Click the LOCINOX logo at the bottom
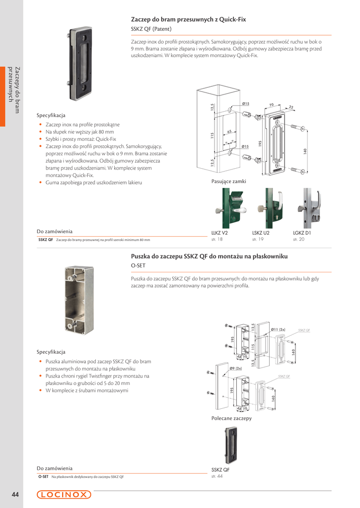pyautogui.click(x=64, y=494)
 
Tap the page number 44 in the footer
pyautogui.click(x=15, y=495)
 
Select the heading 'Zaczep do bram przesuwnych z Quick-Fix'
pyautogui.click(x=188, y=19)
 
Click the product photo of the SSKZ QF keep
pyautogui.click(x=80, y=63)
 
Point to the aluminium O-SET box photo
pyautogui.click(x=79, y=299)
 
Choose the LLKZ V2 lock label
pyautogui.click(x=219, y=233)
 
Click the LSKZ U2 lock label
pyautogui.click(x=261, y=233)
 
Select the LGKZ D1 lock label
pyautogui.click(x=302, y=233)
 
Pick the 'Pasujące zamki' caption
pyautogui.click(x=228, y=182)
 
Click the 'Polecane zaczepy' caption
pyautogui.click(x=231, y=418)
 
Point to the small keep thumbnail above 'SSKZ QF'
pyautogui.click(x=230, y=445)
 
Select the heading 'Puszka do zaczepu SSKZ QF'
pyautogui.click(x=209, y=256)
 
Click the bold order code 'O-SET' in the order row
pyautogui.click(x=43, y=477)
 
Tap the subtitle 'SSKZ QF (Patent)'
pyautogui.click(x=151, y=29)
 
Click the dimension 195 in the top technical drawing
pyautogui.click(x=260, y=144)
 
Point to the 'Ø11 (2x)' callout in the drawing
pyautogui.click(x=278, y=329)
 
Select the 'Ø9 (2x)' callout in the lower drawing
pyautogui.click(x=236, y=368)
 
